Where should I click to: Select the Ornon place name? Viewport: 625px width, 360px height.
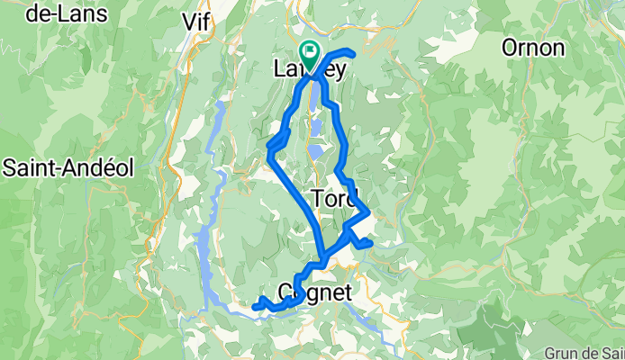coord(533,47)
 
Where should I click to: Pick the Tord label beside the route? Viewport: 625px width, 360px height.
coord(334,197)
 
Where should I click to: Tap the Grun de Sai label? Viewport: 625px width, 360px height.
coord(584,351)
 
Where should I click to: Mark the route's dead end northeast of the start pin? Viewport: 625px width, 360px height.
coord(353,55)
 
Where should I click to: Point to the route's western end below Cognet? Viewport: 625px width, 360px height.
coord(255,307)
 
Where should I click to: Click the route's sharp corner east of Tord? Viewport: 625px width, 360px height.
coord(368,213)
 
